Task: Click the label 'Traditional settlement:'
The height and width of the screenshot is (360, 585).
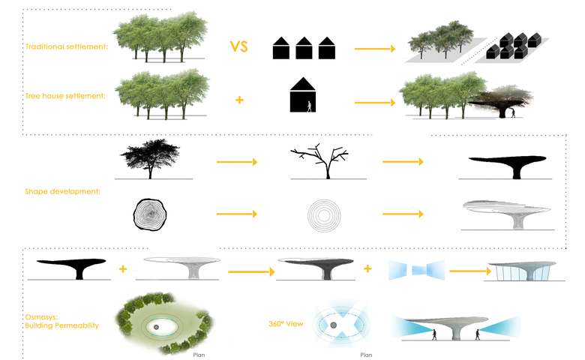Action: [x=66, y=47]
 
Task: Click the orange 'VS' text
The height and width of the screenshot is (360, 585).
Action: [x=239, y=47]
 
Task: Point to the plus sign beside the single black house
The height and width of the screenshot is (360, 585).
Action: [x=239, y=99]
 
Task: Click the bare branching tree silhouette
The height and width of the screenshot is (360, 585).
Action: [x=322, y=160]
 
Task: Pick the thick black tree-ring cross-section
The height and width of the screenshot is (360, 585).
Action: [x=153, y=214]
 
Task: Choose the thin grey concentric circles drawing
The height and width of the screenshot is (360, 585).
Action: [x=322, y=215]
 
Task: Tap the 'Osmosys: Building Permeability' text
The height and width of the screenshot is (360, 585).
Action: [x=61, y=320]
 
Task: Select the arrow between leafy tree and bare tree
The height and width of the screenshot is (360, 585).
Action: [x=236, y=161]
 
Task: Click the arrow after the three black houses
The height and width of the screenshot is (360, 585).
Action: [x=373, y=49]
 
